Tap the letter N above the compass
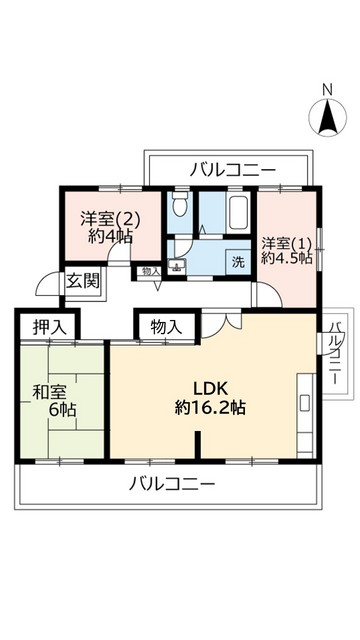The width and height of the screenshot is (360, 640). (327, 92)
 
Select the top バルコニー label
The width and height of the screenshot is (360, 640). (233, 170)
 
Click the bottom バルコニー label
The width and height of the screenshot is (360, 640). (172, 485)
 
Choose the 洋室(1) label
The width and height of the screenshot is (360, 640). (287, 242)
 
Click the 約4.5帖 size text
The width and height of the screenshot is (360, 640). (287, 259)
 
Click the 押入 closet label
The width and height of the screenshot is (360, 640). (48, 326)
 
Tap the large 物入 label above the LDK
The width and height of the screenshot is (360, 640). (167, 326)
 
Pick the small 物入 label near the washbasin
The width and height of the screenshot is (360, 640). (150, 271)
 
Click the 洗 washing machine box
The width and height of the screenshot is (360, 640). (238, 263)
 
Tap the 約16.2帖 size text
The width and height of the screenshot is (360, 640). (211, 408)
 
